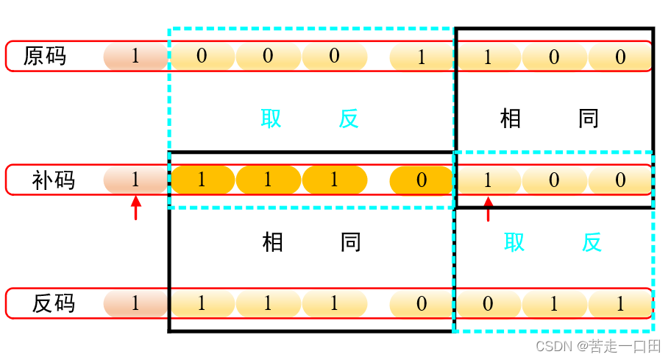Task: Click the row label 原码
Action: coord(45,56)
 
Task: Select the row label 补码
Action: coord(54,180)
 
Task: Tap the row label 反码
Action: coord(54,303)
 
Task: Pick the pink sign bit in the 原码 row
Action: coord(135,56)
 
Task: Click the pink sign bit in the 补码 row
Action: coord(135,180)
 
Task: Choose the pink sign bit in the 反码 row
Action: coord(135,303)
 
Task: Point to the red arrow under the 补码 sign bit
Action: coord(135,208)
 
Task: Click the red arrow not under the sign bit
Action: coord(487,208)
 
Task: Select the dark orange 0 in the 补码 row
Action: coord(421,180)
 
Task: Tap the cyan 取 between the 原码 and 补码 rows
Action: coord(271,119)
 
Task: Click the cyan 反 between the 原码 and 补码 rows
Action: coord(349,119)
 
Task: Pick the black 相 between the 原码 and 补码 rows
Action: coord(511,119)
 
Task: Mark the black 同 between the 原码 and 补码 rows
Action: coord(589,119)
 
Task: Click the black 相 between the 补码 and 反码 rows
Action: coord(273,242)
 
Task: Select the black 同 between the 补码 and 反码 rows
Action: coord(351,242)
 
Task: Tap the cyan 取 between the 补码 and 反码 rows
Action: coord(514,242)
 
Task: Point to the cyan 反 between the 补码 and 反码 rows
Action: coord(592,242)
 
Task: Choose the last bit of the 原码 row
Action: coord(620,57)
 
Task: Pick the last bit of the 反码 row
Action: coord(620,303)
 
